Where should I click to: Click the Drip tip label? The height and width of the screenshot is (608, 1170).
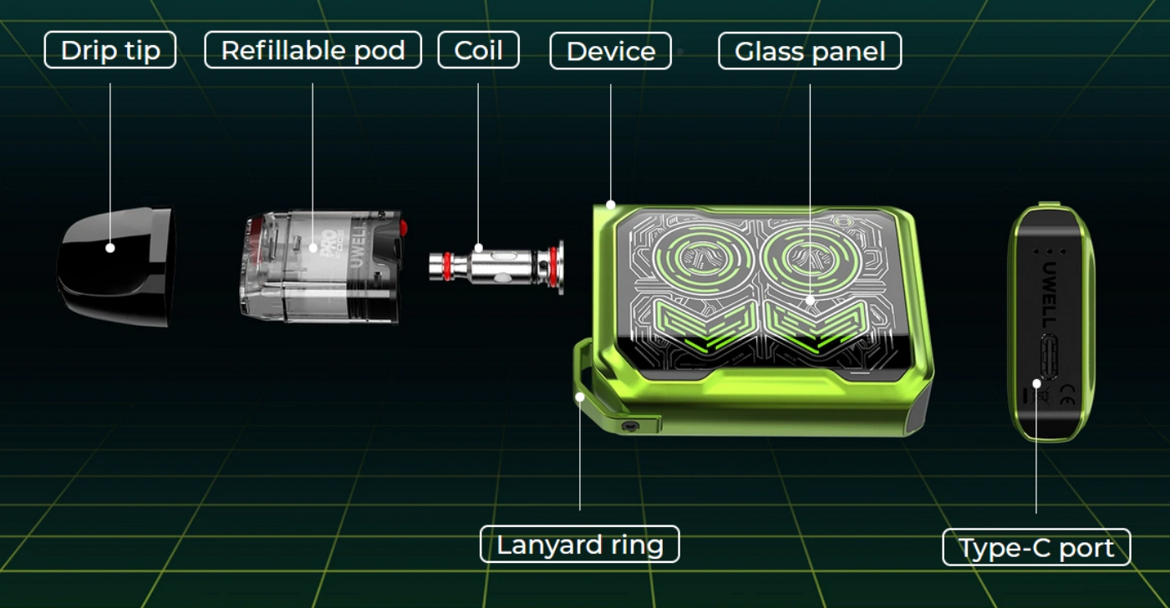click(110, 50)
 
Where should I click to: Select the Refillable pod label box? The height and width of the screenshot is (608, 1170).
click(313, 50)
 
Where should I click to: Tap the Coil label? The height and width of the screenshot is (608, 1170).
click(478, 50)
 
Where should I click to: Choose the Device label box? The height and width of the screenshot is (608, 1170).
click(611, 51)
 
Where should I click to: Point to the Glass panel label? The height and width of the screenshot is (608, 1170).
click(810, 51)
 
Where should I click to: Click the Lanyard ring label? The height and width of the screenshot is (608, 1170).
click(580, 545)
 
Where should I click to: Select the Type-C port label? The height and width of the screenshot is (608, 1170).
click(1037, 548)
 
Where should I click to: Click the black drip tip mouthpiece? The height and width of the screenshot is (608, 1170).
click(116, 266)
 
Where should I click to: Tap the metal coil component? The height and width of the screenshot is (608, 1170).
click(496, 266)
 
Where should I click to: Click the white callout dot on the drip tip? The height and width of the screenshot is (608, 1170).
click(110, 248)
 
